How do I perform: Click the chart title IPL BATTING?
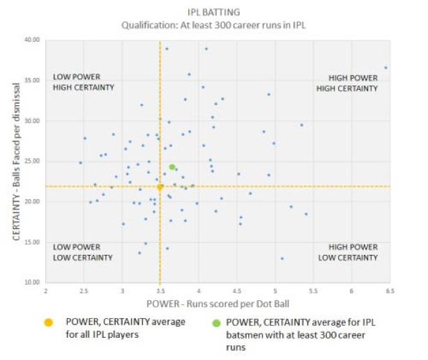pyautogui.click(x=214, y=12)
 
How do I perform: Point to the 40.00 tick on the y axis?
pyautogui.click(x=31, y=40)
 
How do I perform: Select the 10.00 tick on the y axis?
pyautogui.click(x=31, y=282)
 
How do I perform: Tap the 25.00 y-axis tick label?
pyautogui.click(x=31, y=161)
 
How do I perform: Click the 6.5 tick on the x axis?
pyautogui.click(x=390, y=290)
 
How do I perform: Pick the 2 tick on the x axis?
pyautogui.click(x=46, y=290)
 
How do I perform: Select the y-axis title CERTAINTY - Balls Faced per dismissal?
pyautogui.click(x=15, y=162)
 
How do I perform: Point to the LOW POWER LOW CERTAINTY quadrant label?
pyautogui.click(x=83, y=252)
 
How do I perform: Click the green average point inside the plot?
pyautogui.click(x=172, y=167)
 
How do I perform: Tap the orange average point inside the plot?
pyautogui.click(x=160, y=187)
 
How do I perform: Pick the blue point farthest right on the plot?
pyautogui.click(x=385, y=68)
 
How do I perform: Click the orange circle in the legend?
pyautogui.click(x=48, y=322)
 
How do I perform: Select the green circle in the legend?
pyautogui.click(x=217, y=322)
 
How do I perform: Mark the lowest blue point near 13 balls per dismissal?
pyautogui.click(x=282, y=258)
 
